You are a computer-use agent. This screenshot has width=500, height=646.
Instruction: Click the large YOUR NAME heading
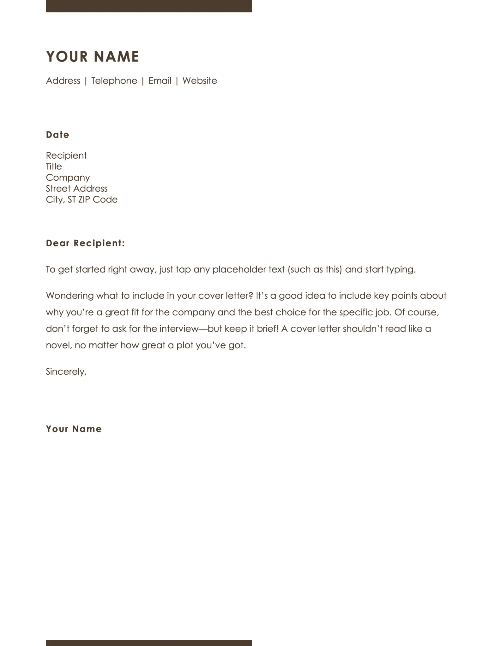click(93, 57)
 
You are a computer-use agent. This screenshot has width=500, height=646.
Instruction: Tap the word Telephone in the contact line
click(114, 81)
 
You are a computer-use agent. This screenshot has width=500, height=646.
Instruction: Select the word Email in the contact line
click(160, 81)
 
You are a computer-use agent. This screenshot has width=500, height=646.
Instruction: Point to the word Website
click(200, 81)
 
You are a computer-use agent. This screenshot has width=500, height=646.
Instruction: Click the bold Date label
click(57, 135)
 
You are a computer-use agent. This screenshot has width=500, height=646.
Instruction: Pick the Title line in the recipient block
click(54, 166)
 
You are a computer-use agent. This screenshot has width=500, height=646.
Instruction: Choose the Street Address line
click(77, 188)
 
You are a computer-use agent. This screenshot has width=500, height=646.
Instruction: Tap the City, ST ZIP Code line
click(81, 199)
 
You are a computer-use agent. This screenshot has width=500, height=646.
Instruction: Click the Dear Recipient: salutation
click(85, 243)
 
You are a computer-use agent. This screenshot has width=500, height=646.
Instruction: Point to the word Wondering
click(69, 296)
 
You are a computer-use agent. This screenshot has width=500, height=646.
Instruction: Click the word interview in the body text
click(178, 329)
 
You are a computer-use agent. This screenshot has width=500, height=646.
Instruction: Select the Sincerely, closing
click(66, 372)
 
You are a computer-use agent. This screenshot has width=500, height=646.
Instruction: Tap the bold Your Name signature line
click(74, 429)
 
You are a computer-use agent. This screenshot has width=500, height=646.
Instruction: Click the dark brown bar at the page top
click(149, 6)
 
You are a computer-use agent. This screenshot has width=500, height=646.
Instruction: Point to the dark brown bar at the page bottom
click(149, 643)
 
